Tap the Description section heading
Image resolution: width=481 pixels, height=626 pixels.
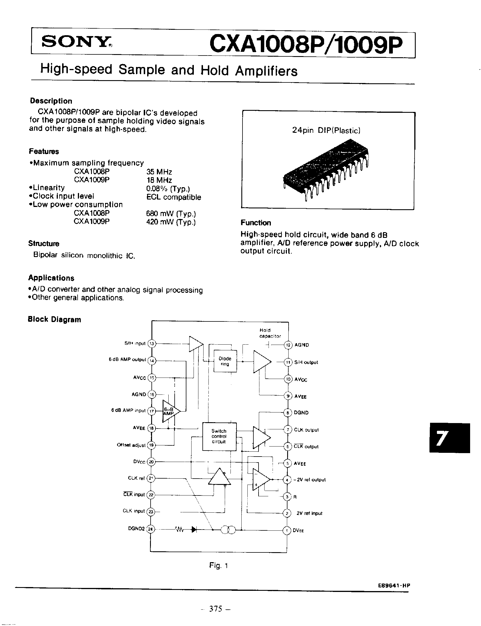click(x=51, y=101)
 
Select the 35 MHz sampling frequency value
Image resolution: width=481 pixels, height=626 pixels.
click(x=159, y=172)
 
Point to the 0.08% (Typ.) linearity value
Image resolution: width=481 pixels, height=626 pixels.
click(x=168, y=189)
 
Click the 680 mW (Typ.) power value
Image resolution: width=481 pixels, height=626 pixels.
click(x=171, y=214)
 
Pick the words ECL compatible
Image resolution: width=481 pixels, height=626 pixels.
click(x=174, y=197)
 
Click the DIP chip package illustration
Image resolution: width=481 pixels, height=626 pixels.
click(x=326, y=169)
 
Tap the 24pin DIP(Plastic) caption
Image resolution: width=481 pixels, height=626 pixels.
click(x=326, y=131)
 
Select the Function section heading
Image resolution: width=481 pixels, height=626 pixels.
click(x=256, y=223)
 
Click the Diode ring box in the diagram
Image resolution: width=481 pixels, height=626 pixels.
click(x=225, y=361)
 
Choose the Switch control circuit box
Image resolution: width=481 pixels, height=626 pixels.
click(x=219, y=436)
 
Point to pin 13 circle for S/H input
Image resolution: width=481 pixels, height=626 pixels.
click(x=152, y=344)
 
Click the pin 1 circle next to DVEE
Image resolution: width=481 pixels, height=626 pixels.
click(x=287, y=530)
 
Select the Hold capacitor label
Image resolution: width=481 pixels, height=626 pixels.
click(x=270, y=333)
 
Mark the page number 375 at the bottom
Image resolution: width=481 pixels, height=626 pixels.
click(x=216, y=609)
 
